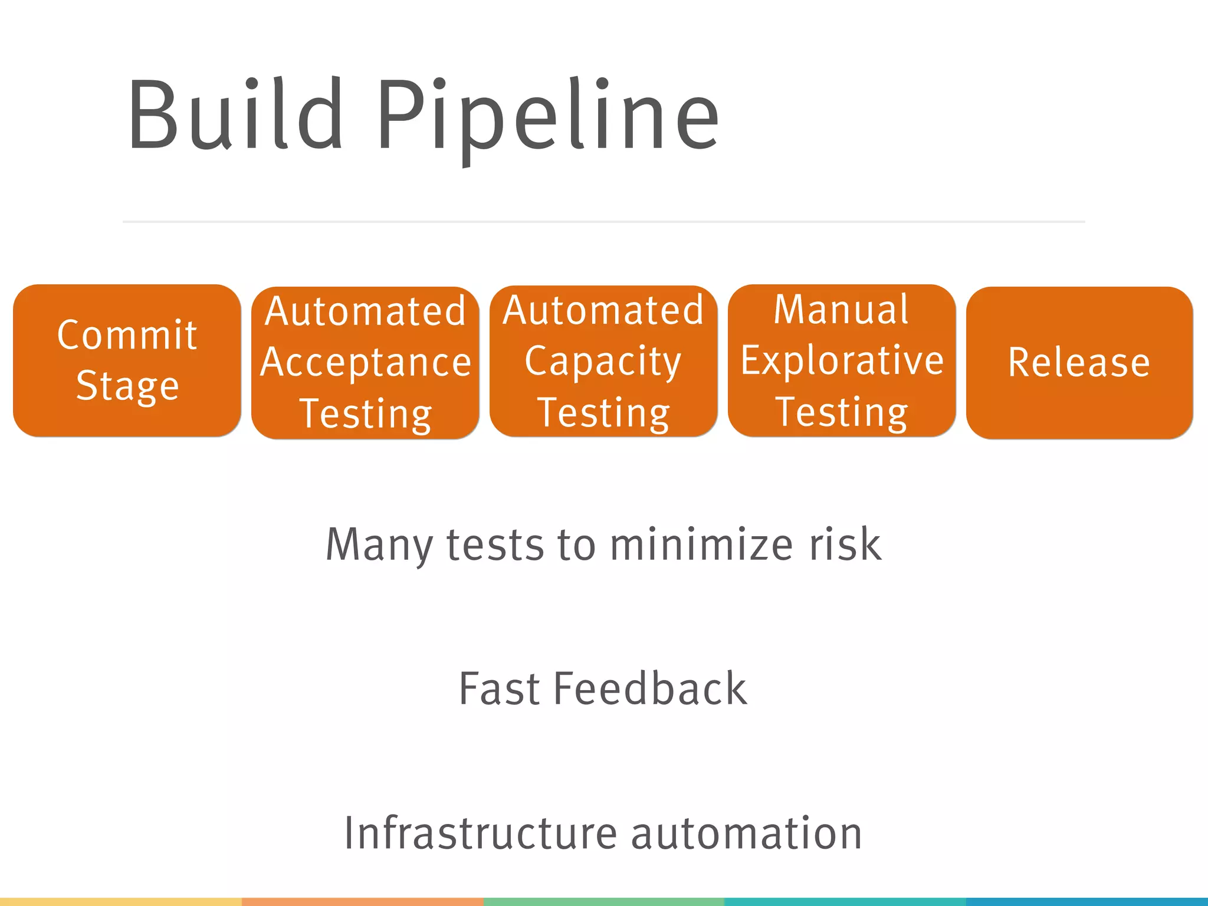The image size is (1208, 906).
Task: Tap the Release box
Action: pyautogui.click(x=1079, y=362)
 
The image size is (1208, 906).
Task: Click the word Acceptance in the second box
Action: pyautogui.click(x=366, y=362)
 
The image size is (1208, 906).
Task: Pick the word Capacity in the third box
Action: pyautogui.click(x=603, y=361)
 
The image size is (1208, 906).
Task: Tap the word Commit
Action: pyautogui.click(x=127, y=335)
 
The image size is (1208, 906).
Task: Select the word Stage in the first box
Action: pyautogui.click(x=127, y=386)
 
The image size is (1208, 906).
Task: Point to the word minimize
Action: pyautogui.click(x=701, y=544)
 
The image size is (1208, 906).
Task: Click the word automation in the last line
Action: pyautogui.click(x=746, y=833)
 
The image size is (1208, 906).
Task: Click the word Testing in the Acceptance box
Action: pyautogui.click(x=366, y=413)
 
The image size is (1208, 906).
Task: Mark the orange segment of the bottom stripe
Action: pyautogui.click(x=362, y=902)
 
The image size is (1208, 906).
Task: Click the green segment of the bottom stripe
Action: pyautogui.click(x=603, y=902)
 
